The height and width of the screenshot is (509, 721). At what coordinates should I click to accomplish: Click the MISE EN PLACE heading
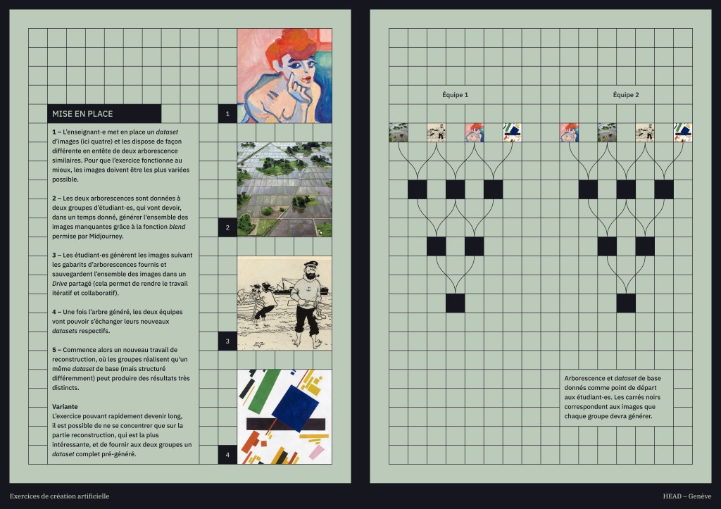(82, 113)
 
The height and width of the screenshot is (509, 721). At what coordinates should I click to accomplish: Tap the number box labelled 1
(227, 113)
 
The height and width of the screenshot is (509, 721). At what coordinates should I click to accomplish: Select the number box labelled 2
(227, 227)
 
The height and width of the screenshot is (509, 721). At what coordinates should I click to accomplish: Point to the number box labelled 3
(227, 341)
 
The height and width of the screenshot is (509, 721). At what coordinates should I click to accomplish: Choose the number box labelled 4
(227, 455)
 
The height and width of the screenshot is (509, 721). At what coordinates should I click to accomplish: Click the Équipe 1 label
(456, 95)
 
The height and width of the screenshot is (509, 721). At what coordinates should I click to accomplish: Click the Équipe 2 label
(626, 95)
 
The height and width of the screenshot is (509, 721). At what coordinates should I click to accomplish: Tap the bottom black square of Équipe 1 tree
(456, 303)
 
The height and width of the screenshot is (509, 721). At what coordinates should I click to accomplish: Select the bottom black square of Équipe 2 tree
(626, 303)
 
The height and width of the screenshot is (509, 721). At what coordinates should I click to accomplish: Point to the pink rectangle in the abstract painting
(316, 452)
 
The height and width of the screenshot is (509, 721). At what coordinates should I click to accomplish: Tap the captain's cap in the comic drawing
(311, 265)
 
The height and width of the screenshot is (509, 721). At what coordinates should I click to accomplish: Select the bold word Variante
(65, 406)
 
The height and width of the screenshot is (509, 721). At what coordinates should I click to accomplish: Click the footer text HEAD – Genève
(687, 496)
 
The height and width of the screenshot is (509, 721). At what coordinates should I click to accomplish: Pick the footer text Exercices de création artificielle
(59, 496)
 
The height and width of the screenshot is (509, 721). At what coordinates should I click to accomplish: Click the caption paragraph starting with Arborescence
(613, 397)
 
